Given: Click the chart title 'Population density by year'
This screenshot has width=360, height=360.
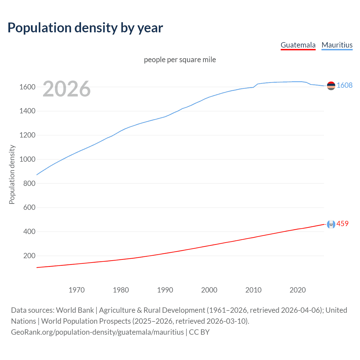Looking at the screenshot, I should coord(85,28).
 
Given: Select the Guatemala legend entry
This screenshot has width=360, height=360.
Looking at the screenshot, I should coord(298,45).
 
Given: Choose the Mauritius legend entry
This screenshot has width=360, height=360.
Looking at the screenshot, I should coord(337,45).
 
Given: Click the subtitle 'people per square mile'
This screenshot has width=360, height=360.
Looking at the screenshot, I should coord(180,60).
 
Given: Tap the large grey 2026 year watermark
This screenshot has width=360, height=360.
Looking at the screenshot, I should coord(67,89).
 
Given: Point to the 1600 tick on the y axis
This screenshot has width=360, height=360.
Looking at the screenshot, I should coord(27,87).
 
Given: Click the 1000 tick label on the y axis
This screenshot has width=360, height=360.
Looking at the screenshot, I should coord(27,159).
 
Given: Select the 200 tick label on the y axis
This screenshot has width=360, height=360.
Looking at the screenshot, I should coord(29,256).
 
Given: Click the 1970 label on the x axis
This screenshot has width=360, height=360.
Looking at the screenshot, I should coord(76,290).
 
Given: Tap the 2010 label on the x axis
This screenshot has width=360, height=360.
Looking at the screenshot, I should coord(253,290).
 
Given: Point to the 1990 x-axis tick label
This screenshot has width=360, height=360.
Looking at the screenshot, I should coord(165,290).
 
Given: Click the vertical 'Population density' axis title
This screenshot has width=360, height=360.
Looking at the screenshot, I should coord(12,174).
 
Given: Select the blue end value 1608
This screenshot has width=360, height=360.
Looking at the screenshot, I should coord(344,85).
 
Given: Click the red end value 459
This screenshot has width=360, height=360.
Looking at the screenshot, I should coord(342,224).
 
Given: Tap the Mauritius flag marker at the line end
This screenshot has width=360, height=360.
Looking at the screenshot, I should coord(331,86).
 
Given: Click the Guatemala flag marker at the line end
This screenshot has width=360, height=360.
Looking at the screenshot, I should coord(331,224).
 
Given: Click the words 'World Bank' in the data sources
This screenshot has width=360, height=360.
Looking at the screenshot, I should coord(75,310).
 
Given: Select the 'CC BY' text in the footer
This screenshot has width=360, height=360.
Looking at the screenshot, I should coord(199,332).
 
